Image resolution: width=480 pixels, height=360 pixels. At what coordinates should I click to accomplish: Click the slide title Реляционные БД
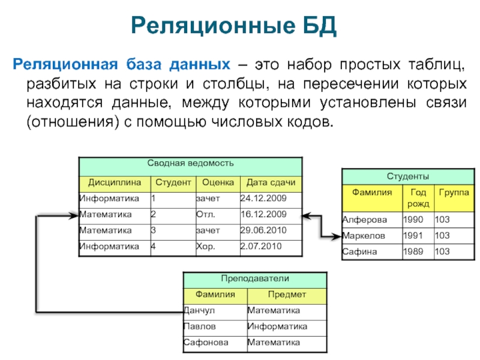tap(233, 26)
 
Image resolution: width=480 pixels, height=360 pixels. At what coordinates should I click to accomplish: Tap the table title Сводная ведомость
tap(190, 163)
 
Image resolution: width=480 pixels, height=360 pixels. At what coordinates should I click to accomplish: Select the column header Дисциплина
tap(115, 182)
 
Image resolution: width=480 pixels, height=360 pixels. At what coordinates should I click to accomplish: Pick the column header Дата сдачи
tap(271, 182)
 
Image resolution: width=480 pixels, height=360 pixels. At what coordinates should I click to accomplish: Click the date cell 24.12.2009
tap(263, 199)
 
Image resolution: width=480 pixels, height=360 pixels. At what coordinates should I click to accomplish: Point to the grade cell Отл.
tap(206, 214)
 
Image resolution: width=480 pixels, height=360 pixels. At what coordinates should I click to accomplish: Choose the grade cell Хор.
tap(205, 247)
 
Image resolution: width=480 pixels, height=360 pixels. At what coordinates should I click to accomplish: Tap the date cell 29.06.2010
tap(263, 230)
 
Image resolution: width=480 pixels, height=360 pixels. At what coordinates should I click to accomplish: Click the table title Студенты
tap(408, 176)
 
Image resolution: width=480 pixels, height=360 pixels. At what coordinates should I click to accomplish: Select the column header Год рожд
tap(418, 198)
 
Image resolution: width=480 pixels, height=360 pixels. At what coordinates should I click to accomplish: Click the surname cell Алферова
tap(365, 220)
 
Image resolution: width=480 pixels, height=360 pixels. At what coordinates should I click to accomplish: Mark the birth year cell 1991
tap(413, 236)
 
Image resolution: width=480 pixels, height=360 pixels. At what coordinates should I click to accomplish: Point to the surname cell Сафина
tap(359, 251)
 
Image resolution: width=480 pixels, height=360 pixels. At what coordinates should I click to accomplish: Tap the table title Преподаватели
tap(255, 278)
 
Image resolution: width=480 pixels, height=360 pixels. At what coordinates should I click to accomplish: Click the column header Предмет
tap(287, 295)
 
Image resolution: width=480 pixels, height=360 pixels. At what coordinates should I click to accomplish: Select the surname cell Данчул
tap(199, 310)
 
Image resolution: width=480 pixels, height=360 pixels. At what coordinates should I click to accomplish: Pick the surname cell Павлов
tap(200, 326)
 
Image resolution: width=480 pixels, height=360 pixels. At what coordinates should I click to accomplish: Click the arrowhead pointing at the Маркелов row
tap(337, 236)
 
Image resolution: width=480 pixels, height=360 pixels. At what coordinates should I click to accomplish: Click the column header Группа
tap(454, 193)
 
